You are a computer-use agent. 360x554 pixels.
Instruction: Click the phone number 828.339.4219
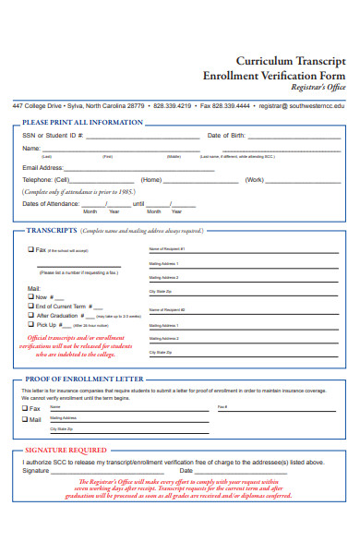[x=173, y=106]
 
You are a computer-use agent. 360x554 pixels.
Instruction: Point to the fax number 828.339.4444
[x=230, y=106]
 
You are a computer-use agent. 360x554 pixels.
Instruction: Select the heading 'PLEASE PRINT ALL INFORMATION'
[x=82, y=122]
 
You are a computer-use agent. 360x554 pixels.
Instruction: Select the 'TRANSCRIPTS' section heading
[x=52, y=231]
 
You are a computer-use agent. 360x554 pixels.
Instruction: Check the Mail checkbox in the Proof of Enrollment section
[x=25, y=419]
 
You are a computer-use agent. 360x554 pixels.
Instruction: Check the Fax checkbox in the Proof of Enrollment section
[x=25, y=407]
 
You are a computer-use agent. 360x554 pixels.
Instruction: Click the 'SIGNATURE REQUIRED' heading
[x=66, y=450]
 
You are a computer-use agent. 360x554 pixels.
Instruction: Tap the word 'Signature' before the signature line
[x=36, y=470]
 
